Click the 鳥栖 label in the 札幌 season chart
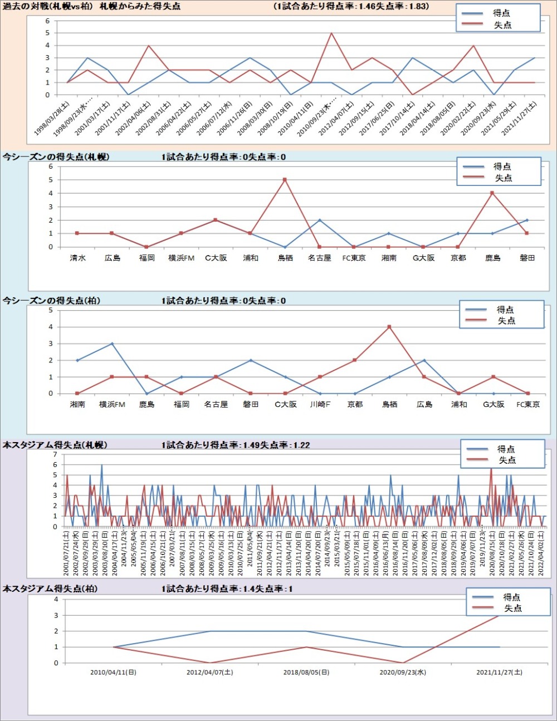[285, 258]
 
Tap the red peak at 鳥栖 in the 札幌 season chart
[285, 180]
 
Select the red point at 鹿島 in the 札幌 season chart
[492, 193]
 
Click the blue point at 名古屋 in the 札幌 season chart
[320, 220]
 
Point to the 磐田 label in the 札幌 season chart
[527, 258]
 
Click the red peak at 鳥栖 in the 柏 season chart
[389, 327]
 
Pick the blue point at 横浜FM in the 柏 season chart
[112, 344]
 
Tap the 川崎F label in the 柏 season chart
[320, 404]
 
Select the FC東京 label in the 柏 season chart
[528, 404]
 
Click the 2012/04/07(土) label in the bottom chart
[210, 672]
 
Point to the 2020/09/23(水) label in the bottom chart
[403, 672]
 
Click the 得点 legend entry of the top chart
[501, 13]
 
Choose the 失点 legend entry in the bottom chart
[512, 608]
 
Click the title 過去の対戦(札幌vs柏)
[49, 7]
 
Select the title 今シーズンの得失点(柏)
[51, 301]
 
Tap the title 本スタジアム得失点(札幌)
[55, 445]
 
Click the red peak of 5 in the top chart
[331, 33]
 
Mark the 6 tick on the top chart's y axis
[48, 21]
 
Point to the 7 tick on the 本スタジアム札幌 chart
[55, 455]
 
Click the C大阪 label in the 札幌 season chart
[216, 258]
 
